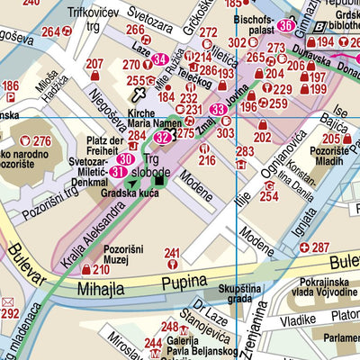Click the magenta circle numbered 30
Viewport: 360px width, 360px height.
tap(126, 158)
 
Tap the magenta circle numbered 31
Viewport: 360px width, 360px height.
tap(118, 171)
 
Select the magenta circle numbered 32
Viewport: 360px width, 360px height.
tap(161, 138)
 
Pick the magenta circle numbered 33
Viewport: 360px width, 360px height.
tap(218, 110)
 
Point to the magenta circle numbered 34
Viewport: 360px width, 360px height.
tap(160, 60)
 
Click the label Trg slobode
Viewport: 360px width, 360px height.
tap(163, 165)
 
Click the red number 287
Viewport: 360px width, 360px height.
tap(321, 247)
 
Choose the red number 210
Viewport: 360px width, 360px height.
tap(102, 269)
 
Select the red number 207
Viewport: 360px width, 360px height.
tap(95, 63)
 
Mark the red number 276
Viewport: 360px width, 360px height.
tap(41, 140)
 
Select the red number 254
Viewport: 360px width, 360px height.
tap(268, 195)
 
